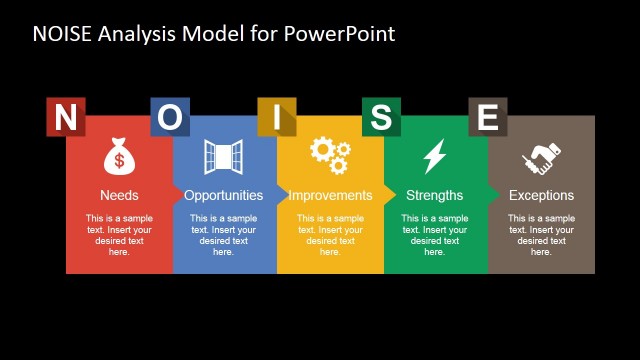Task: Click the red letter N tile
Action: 65,117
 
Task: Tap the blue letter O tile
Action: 170,117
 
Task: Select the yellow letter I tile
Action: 277,117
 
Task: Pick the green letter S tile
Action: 381,117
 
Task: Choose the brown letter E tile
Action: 487,117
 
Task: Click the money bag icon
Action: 119,157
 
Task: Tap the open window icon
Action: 223,157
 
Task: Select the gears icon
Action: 330,155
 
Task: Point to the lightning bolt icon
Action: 434,157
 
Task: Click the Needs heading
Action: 119,195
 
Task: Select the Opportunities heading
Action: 224,195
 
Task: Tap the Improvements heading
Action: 330,195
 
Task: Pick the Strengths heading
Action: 435,195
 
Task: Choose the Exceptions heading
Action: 541,195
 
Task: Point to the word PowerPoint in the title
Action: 340,34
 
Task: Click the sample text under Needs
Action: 119,235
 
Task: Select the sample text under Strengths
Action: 435,235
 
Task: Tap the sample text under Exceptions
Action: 541,235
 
